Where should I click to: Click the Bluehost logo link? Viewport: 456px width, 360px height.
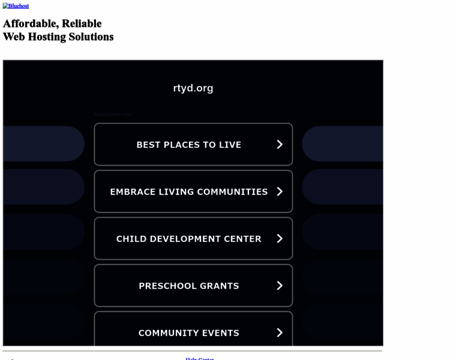coord(16,6)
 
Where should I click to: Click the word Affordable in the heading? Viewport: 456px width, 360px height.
coord(31,23)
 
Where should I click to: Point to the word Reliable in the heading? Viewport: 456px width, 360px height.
coord(82,23)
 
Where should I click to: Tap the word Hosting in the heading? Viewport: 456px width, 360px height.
coord(47,37)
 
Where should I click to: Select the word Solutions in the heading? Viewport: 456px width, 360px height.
coord(91,37)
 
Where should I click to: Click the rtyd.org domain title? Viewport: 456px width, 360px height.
coord(193,88)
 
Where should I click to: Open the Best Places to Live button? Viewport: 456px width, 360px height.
coord(188,145)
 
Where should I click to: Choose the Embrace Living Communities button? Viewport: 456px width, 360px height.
coord(188,191)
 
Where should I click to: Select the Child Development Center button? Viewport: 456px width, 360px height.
coord(188,239)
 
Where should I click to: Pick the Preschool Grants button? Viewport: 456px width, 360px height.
coord(188,286)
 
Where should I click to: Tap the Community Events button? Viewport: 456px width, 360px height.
coord(188,332)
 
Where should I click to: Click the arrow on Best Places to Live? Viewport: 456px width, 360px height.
coord(280,145)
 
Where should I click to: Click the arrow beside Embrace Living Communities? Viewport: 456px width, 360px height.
coord(280,191)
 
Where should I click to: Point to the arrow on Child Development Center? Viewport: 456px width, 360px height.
coord(280,239)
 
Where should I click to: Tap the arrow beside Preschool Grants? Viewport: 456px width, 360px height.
coord(280,286)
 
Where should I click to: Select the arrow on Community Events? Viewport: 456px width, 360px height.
coord(280,332)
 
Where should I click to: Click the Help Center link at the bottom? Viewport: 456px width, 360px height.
coord(200,358)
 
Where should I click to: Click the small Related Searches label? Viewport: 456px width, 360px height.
coord(112,114)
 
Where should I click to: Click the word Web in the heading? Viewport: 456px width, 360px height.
coord(14,37)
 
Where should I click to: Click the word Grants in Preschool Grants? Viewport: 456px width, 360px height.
coord(220,286)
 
